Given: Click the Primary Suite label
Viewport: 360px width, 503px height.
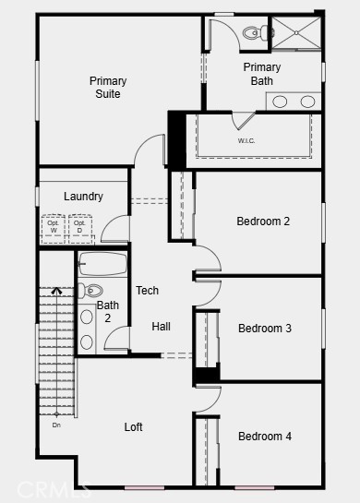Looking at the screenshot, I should [x=108, y=88].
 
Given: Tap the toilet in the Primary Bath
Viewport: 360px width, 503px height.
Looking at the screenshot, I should [x=255, y=33].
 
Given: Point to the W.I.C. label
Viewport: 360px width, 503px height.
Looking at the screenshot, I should [x=246, y=141].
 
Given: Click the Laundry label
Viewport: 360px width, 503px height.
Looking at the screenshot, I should [x=83, y=197].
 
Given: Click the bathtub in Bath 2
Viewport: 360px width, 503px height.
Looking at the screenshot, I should [x=102, y=267].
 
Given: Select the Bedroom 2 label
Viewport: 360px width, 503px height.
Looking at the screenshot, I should [x=263, y=222].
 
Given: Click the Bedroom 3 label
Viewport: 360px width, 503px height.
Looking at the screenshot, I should [x=265, y=329].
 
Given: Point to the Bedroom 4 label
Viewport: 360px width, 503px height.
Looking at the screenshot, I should [x=265, y=436].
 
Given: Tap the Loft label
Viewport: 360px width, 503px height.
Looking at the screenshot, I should [x=134, y=427].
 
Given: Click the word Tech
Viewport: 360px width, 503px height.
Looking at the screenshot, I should [x=148, y=291].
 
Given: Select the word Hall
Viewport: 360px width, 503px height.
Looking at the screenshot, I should [x=162, y=327].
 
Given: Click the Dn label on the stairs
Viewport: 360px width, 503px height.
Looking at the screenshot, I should [x=56, y=425].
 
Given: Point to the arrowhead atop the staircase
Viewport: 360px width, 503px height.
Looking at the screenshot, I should [x=56, y=291].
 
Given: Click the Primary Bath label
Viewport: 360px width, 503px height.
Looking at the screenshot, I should [x=262, y=74].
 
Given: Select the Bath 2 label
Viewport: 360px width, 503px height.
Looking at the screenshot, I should [x=108, y=312].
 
